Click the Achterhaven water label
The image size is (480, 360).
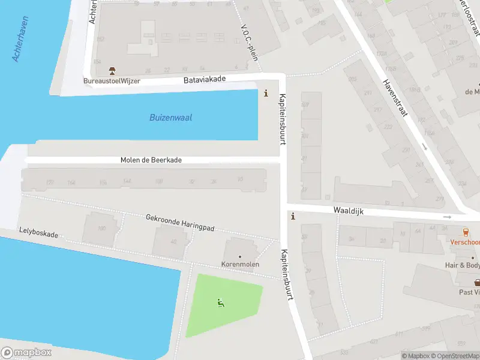[21, 39]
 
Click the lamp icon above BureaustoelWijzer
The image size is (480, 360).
[112, 71]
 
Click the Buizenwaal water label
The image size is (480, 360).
[170, 118]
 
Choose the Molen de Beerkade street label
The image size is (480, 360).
[151, 160]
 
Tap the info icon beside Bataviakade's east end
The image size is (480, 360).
[266, 94]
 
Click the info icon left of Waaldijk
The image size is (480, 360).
[293, 217]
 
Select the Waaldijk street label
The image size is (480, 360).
[349, 211]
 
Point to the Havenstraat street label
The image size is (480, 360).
[395, 99]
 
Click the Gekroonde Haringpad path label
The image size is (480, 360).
[180, 223]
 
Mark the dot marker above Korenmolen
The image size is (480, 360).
[240, 257]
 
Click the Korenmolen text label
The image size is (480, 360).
[240, 264]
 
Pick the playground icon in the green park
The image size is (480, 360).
[221, 304]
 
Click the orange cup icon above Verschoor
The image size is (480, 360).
[466, 232]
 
